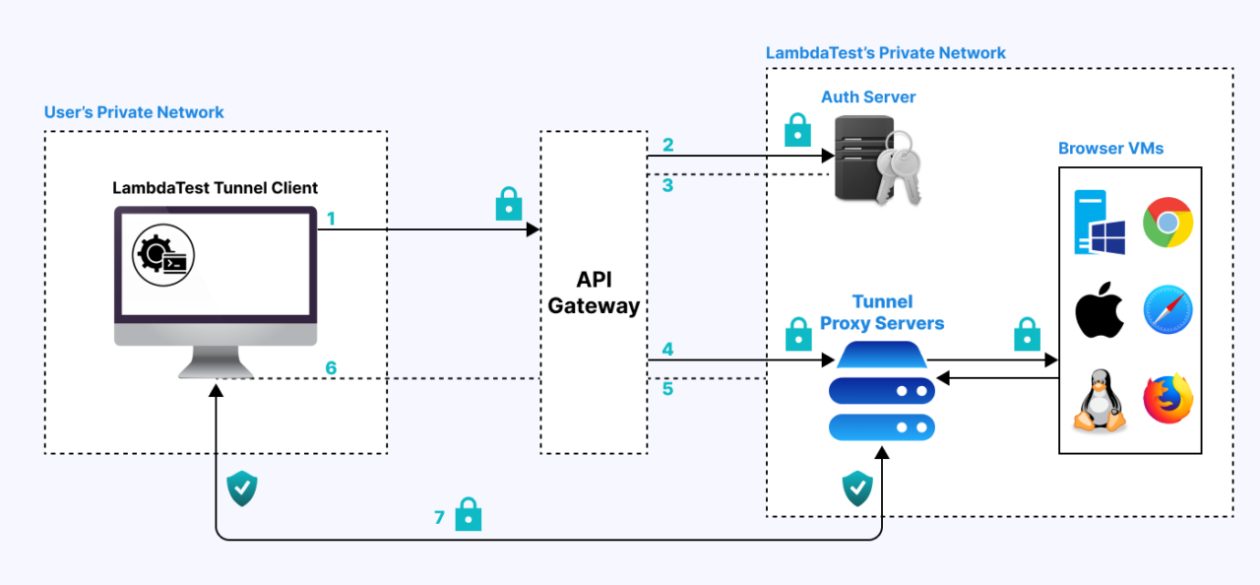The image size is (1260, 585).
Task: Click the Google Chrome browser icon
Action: (x=1167, y=223)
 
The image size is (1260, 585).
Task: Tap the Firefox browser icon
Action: (x=1167, y=399)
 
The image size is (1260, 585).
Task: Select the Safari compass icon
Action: (x=1167, y=311)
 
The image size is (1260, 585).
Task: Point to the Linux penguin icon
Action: (x=1100, y=401)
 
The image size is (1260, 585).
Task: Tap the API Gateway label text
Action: (x=594, y=292)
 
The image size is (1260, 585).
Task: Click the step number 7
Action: (x=440, y=517)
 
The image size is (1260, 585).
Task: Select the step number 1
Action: (x=331, y=219)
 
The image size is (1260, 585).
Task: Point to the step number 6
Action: (x=331, y=368)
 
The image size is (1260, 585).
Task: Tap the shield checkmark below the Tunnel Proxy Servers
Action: (x=857, y=487)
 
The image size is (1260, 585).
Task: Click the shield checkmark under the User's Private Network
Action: (x=242, y=487)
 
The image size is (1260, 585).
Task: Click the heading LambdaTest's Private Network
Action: (x=885, y=53)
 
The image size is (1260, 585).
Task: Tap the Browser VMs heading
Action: (x=1110, y=149)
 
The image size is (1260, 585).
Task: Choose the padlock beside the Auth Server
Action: (x=797, y=130)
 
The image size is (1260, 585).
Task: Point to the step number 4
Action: (x=667, y=350)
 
